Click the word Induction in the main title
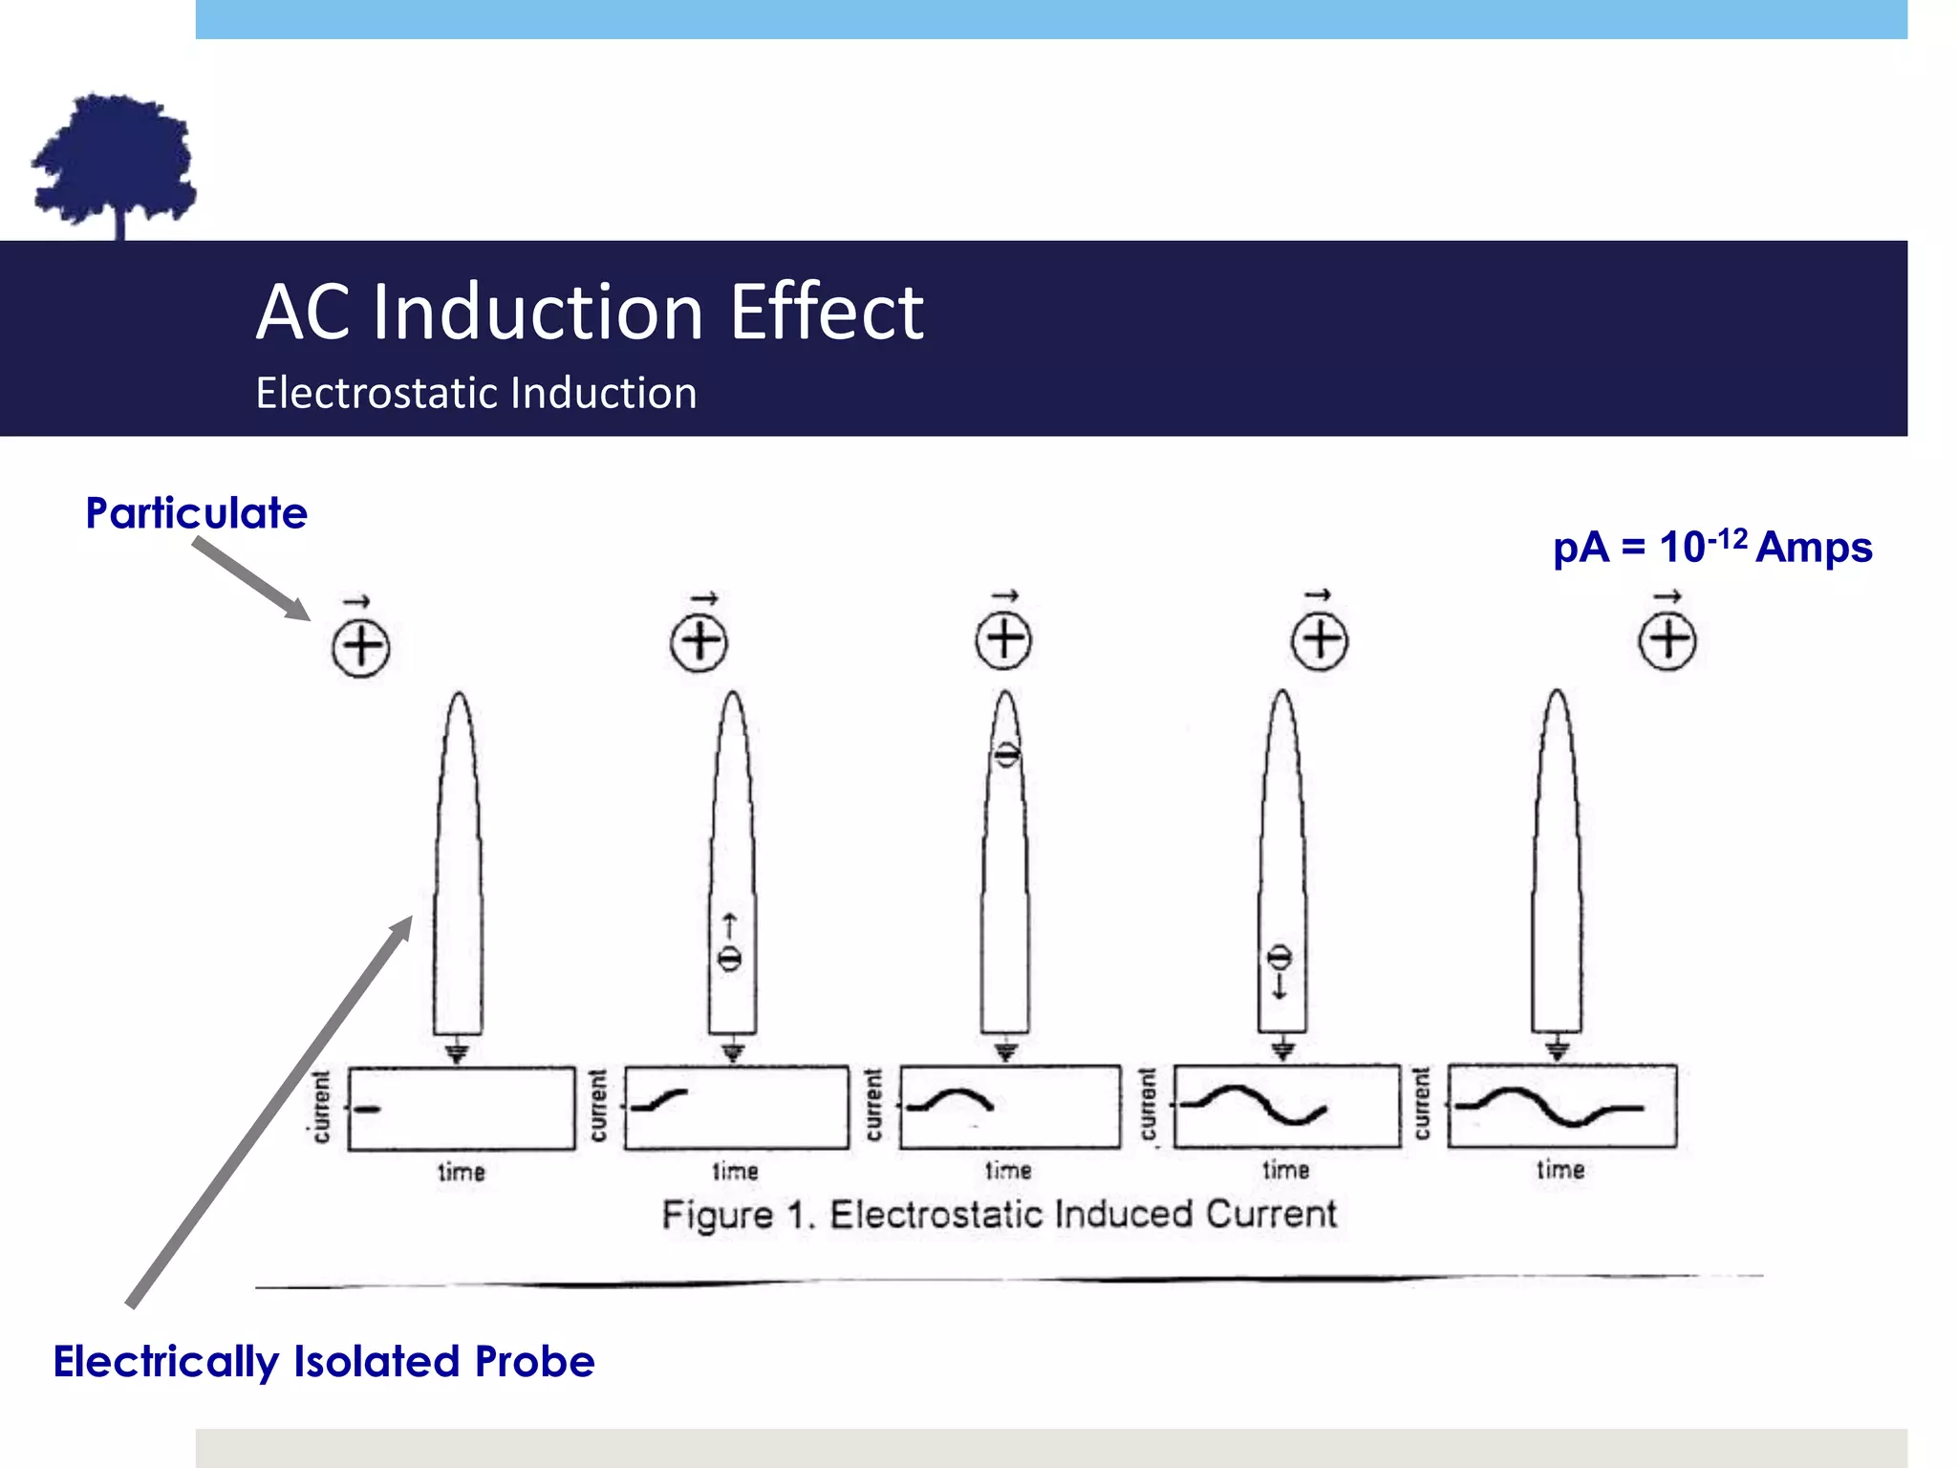click(x=539, y=312)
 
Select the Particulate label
click(x=196, y=513)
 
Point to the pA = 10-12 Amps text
click(x=1712, y=547)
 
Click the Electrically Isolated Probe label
click(x=324, y=1362)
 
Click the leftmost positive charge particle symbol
click(x=360, y=647)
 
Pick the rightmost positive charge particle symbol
click(x=1667, y=640)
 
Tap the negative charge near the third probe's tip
click(x=1006, y=755)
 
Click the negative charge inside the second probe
click(x=729, y=959)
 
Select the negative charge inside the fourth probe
click(x=1280, y=958)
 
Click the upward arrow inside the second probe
click(x=729, y=926)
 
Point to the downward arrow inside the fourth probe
click(x=1280, y=986)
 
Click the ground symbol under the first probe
click(x=458, y=1051)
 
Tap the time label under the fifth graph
click(x=1560, y=1170)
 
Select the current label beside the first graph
click(x=322, y=1107)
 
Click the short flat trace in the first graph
click(x=368, y=1109)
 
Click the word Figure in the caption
click(x=718, y=1216)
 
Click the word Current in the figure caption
click(x=1271, y=1214)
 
